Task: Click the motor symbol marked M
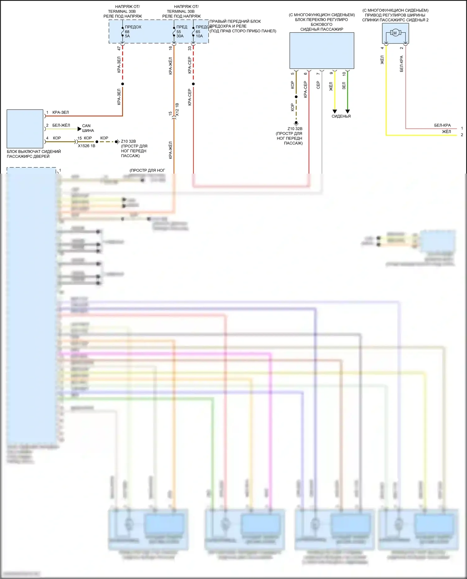click(395, 33)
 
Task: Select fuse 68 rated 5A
click(127, 32)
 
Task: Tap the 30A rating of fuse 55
click(180, 36)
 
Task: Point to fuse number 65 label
click(198, 32)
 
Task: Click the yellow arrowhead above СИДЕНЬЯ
click(335, 111)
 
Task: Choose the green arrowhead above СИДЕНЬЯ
click(348, 111)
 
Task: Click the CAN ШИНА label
click(87, 128)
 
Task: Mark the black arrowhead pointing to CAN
click(79, 129)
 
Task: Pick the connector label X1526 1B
click(87, 146)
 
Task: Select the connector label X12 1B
click(177, 110)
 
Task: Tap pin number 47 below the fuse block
click(119, 48)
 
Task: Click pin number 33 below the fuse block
click(190, 48)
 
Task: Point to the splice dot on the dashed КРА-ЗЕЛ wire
click(123, 84)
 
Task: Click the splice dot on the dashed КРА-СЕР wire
click(193, 84)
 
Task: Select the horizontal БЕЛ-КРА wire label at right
click(442, 125)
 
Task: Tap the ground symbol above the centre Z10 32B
click(296, 123)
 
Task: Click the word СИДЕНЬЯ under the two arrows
click(341, 116)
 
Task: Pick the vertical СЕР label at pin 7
click(318, 85)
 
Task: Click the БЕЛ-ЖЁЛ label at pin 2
click(61, 125)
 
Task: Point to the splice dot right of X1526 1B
click(97, 142)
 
